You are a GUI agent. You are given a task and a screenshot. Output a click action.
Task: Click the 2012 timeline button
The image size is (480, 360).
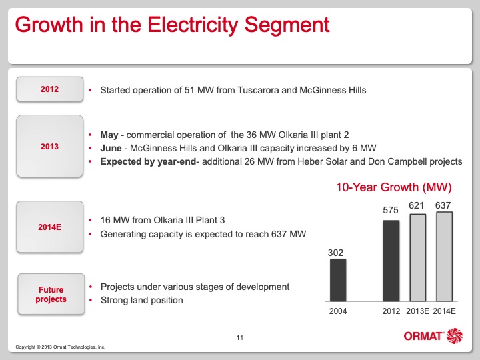click(x=49, y=89)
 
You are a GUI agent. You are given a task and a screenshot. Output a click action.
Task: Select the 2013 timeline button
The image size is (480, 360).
click(x=49, y=146)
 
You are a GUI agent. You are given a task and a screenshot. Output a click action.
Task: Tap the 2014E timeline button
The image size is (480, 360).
click(x=49, y=227)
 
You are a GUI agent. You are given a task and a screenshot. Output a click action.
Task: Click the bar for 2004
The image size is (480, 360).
click(x=338, y=280)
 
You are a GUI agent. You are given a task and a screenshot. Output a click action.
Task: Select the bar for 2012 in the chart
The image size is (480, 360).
click(x=391, y=261)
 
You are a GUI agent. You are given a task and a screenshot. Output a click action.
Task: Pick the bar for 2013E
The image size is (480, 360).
click(x=417, y=257)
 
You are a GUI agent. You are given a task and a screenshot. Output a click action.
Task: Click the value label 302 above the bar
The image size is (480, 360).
click(x=336, y=253)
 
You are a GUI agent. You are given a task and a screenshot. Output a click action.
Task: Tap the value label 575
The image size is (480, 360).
click(x=391, y=210)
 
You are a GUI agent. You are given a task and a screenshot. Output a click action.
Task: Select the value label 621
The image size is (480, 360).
click(x=417, y=205)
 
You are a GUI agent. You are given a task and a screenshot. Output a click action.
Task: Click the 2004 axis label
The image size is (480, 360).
click(x=338, y=311)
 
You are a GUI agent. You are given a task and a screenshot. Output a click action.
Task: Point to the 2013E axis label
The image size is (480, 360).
click(x=417, y=311)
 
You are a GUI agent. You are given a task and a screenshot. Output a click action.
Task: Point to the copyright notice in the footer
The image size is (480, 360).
click(x=60, y=347)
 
